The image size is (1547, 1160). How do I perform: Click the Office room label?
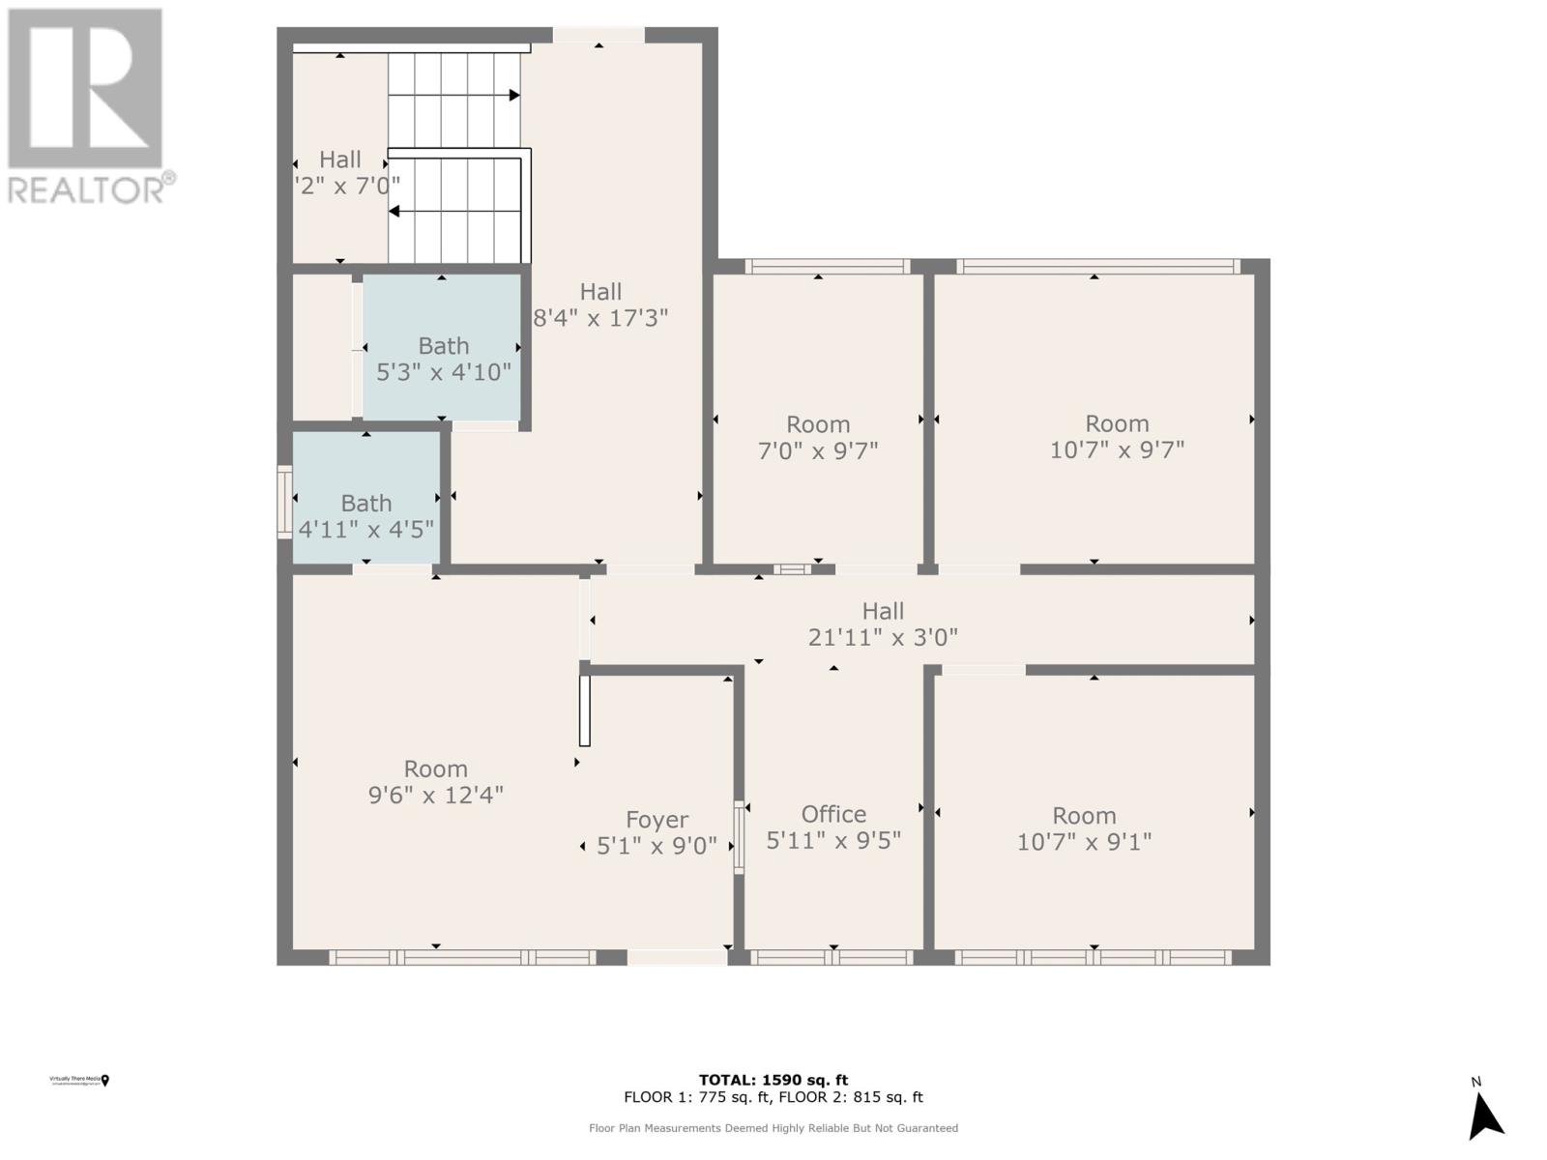click(x=833, y=814)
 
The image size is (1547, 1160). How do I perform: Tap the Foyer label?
click(x=657, y=820)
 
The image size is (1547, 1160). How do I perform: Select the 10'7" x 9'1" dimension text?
click(x=1084, y=842)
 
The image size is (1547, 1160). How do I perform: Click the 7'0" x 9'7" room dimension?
click(x=818, y=450)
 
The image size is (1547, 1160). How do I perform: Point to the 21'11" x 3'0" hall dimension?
click(x=883, y=637)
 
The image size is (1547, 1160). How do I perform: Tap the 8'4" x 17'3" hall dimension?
click(x=600, y=317)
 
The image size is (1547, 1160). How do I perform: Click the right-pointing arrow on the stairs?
click(x=514, y=95)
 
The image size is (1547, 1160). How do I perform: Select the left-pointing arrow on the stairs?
click(x=394, y=211)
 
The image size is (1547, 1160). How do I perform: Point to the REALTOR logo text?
click(x=91, y=188)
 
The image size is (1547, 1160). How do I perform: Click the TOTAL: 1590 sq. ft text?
click(x=773, y=1080)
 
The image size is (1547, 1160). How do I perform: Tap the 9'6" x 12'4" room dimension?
click(x=435, y=795)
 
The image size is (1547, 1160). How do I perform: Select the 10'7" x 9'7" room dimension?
click(x=1117, y=449)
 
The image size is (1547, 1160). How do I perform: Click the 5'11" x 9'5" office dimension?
click(x=833, y=841)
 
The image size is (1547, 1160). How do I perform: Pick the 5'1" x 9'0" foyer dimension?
click(x=657, y=846)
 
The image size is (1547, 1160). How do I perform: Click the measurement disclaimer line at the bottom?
click(x=773, y=1128)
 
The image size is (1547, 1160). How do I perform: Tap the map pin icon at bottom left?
click(x=105, y=1080)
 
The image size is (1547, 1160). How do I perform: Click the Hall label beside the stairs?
click(x=340, y=159)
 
